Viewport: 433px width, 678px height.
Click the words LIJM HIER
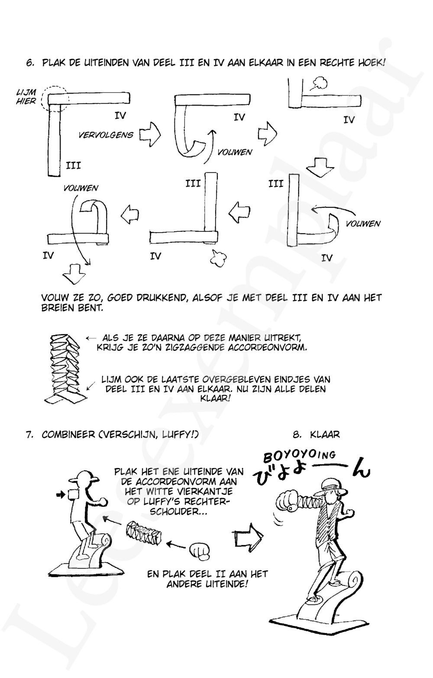coord(26,97)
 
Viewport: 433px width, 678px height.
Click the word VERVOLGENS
coord(106,135)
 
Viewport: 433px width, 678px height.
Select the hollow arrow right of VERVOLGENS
coord(151,135)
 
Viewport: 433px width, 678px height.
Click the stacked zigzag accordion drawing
coord(65,366)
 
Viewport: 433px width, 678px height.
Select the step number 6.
coord(30,62)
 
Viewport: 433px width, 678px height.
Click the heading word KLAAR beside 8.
coord(325,434)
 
